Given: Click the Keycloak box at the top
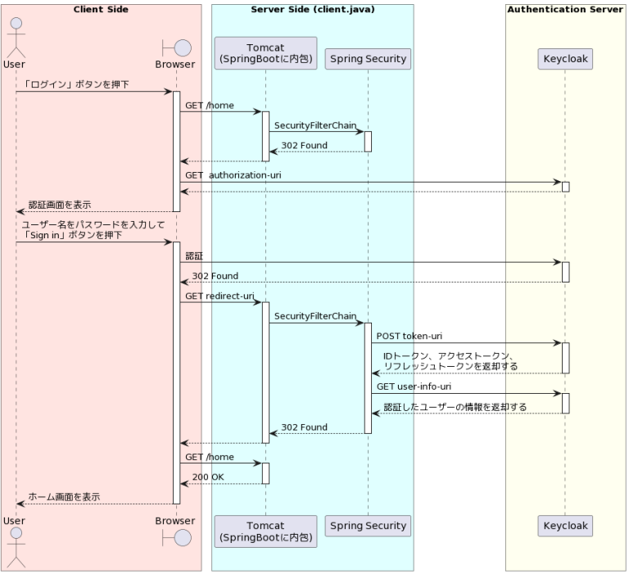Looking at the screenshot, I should point(564,59).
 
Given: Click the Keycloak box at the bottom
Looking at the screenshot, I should point(564,525).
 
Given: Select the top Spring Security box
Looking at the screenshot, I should point(367,59).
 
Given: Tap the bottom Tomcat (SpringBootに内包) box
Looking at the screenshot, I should point(265,531).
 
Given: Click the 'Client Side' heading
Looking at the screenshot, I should point(101,10).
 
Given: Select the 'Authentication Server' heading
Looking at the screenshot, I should point(565,10).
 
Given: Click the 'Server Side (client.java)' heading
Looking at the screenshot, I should point(312,10).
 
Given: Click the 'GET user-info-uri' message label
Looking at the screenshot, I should point(414,386).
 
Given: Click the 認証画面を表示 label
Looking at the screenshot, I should point(59,204).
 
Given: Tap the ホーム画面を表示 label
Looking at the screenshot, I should point(64,496).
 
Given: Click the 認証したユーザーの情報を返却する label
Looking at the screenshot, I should point(455,406).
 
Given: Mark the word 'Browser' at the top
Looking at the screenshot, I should point(175,64).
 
